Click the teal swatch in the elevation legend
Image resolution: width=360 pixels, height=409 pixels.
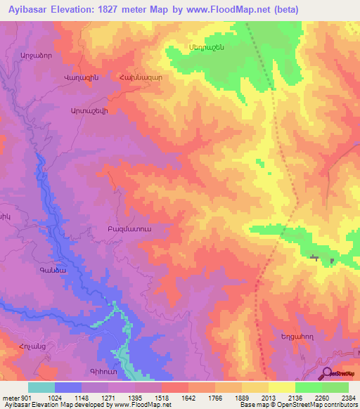[x=41, y=387]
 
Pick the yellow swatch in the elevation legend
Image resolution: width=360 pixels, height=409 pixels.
[x=281, y=387]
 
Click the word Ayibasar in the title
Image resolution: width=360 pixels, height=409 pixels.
[x=29, y=9]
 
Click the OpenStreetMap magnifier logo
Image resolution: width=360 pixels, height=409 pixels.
[x=326, y=373]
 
